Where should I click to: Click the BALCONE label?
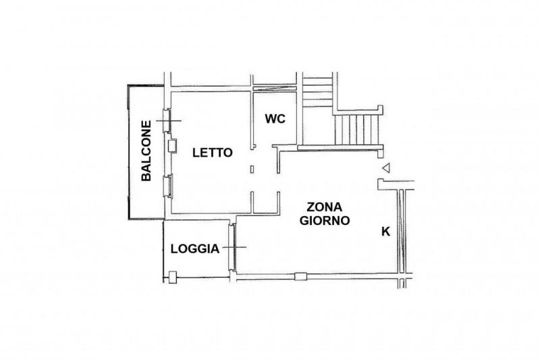pyautogui.click(x=145, y=151)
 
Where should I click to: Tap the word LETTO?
pyautogui.click(x=212, y=153)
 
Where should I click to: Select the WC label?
pyautogui.click(x=275, y=119)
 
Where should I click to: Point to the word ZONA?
pyautogui.click(x=324, y=207)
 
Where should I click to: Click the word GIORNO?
pyautogui.click(x=324, y=220)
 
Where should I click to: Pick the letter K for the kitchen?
pyautogui.click(x=386, y=232)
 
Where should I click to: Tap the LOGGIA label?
pyautogui.click(x=194, y=249)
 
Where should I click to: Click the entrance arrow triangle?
pyautogui.click(x=385, y=169)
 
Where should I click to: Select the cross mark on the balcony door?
pyautogui.click(x=169, y=121)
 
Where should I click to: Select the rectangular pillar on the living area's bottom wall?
pyautogui.click(x=301, y=274)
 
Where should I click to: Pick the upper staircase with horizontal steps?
pyautogui.click(x=317, y=91)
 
